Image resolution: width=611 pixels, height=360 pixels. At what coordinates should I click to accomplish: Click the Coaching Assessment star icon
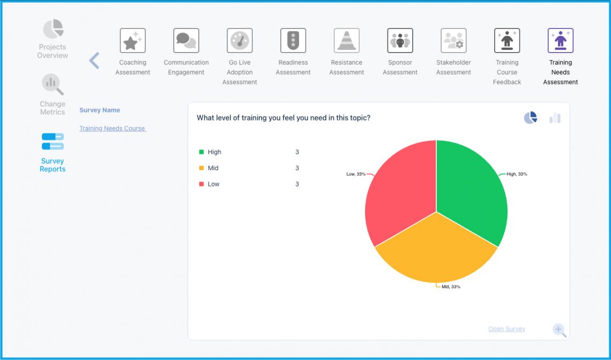(132, 41)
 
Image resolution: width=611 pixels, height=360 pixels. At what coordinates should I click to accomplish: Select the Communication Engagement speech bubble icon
(186, 41)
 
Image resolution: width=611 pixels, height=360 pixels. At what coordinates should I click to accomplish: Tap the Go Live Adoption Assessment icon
(240, 41)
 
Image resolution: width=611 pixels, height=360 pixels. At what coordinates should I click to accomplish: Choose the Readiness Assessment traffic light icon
(293, 41)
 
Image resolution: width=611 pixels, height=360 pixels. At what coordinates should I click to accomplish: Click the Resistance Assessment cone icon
(347, 41)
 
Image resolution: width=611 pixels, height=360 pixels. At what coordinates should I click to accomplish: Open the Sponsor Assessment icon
(400, 41)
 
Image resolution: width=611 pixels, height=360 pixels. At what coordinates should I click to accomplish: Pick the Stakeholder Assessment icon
(453, 41)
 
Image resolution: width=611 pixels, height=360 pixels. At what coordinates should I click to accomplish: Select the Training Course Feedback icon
(507, 41)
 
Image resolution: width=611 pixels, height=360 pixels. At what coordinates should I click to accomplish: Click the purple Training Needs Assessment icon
(561, 41)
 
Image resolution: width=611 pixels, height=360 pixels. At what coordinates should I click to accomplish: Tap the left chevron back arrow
(94, 61)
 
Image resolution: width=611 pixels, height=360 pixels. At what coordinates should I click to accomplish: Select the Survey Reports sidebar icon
(53, 142)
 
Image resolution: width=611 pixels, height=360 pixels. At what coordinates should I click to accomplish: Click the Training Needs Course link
(113, 129)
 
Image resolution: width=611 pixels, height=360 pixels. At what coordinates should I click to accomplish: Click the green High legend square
(202, 152)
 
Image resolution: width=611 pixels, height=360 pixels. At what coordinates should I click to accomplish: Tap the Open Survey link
(506, 329)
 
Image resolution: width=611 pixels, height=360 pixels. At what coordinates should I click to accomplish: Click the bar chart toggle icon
(555, 118)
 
